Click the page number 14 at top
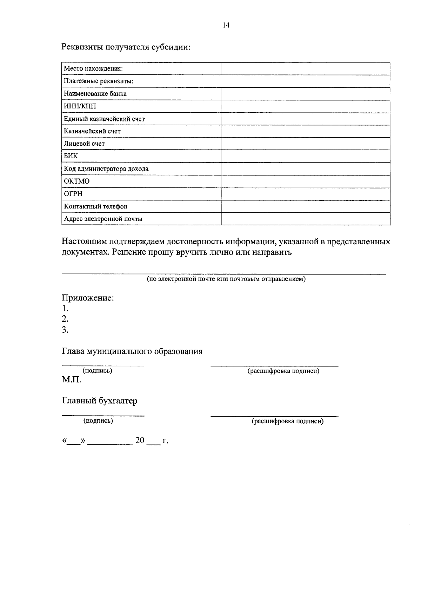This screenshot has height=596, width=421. pos(226,25)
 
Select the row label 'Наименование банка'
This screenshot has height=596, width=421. pos(95,94)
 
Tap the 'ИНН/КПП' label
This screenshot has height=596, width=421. pos(80,106)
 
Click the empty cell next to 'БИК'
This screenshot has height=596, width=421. pos(305,156)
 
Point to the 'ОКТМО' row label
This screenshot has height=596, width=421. pos(76,181)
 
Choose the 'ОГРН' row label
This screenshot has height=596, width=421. pos(73,194)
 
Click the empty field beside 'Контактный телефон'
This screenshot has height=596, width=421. pos(305,206)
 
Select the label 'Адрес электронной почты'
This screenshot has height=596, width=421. pos(103,219)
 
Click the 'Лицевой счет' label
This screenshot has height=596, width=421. pos(84,144)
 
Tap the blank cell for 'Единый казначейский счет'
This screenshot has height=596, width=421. pos(305,119)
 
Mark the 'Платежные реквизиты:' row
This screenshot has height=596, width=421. pos(98,81)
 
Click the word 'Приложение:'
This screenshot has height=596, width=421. pos(88,298)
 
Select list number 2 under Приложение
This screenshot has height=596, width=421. pos(65,319)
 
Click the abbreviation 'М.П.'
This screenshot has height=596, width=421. pos(72,380)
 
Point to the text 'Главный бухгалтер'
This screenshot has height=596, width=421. pos(100,401)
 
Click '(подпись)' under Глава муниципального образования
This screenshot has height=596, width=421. pos(97,371)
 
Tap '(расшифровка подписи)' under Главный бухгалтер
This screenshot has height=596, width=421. pos(287,421)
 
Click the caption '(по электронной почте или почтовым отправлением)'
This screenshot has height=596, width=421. pos(226,279)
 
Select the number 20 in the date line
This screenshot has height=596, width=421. pos(140,441)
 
